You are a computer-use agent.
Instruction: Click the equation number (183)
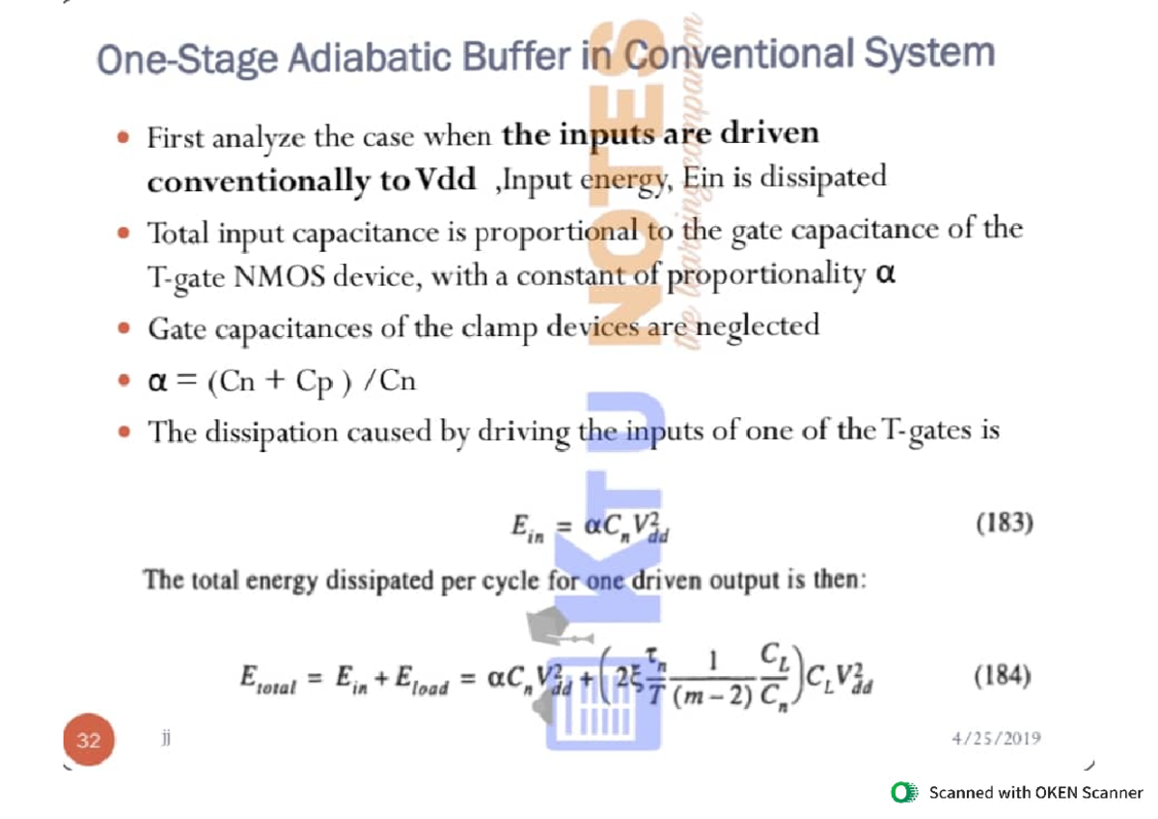click(x=1005, y=524)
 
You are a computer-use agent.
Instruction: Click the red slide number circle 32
click(x=90, y=741)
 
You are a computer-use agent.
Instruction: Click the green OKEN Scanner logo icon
click(x=904, y=793)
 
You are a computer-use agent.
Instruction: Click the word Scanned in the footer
click(x=961, y=793)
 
